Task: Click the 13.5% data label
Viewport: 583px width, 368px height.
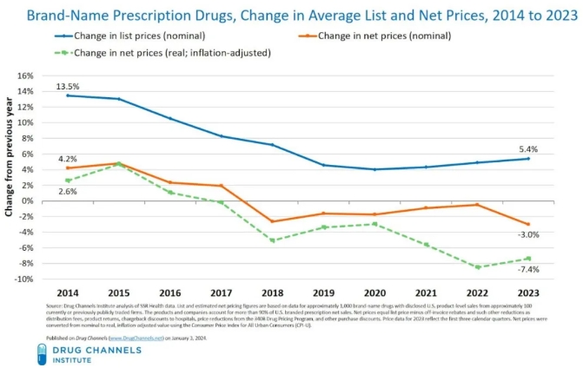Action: point(68,87)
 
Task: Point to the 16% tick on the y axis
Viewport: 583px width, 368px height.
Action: point(24,76)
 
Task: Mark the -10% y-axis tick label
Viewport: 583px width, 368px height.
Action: point(23,279)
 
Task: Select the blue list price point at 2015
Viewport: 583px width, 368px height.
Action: point(119,99)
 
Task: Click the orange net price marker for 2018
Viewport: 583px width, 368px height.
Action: point(273,221)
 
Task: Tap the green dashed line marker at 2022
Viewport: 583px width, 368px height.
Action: point(477,266)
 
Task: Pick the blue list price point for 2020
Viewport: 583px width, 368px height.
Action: point(374,169)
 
